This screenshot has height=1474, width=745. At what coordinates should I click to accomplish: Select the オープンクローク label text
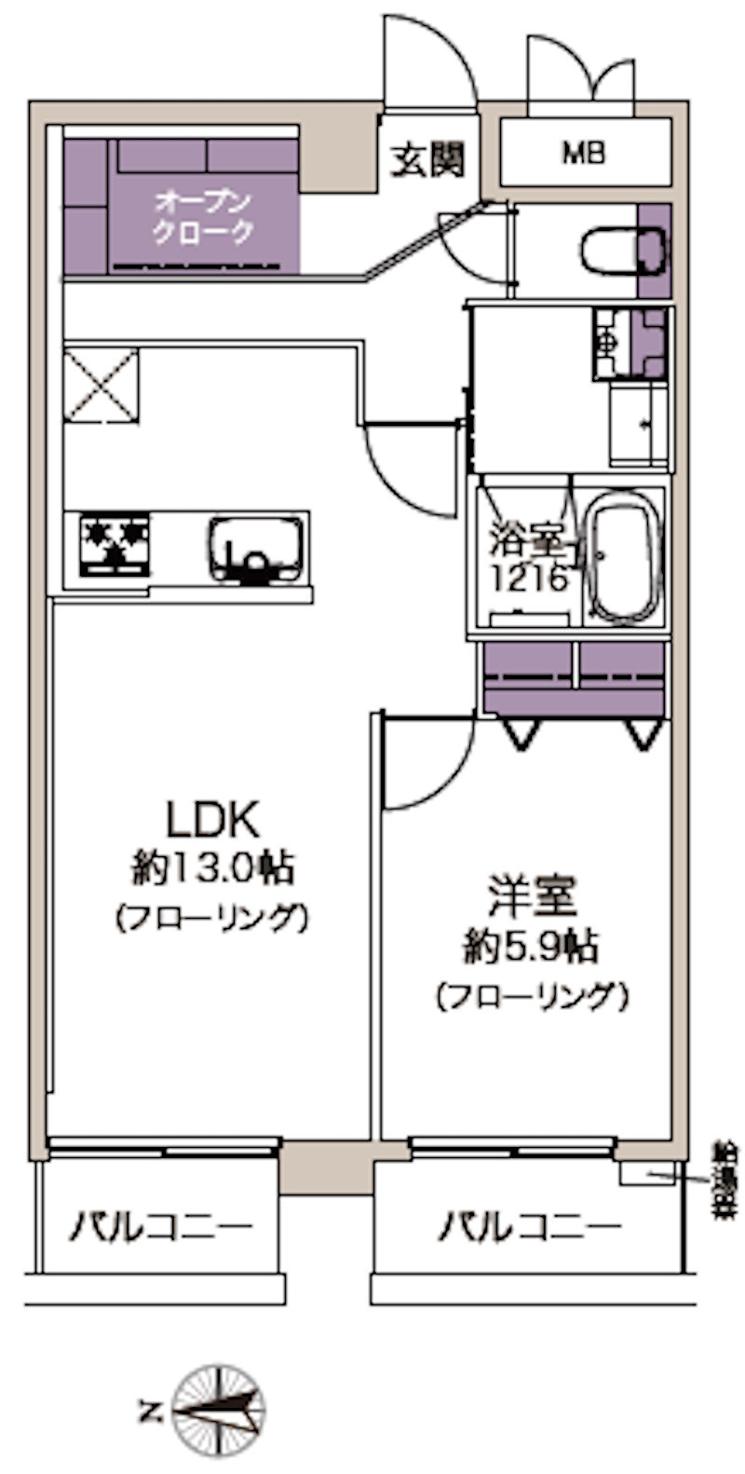click(203, 216)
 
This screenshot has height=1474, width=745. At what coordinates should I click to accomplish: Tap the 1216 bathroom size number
click(529, 580)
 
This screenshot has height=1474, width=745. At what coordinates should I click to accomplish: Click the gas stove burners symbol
click(115, 543)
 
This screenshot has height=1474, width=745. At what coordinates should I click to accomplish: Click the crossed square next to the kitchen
click(100, 384)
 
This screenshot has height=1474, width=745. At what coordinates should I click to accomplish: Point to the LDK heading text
click(211, 820)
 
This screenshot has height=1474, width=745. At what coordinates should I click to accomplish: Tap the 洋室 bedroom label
click(532, 895)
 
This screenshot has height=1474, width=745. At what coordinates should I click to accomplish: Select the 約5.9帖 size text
click(532, 947)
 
